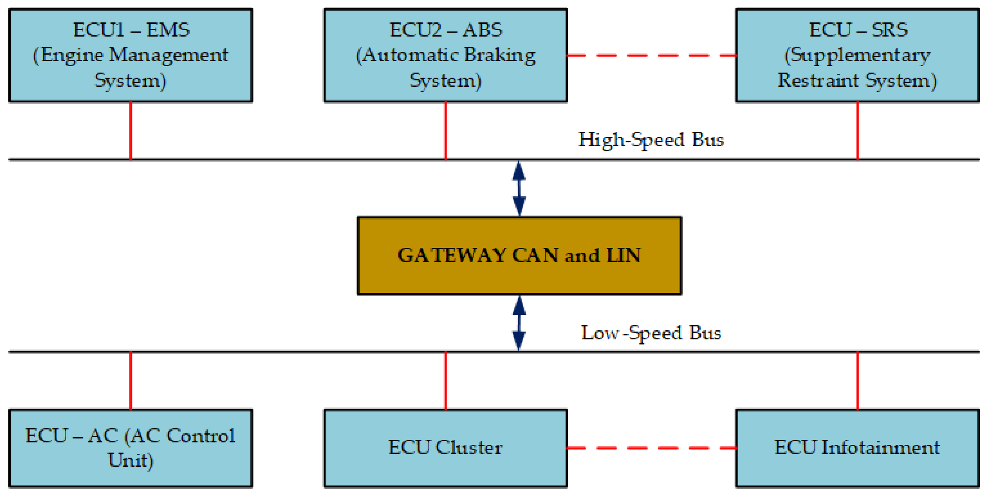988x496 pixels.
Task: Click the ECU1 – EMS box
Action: tap(130, 55)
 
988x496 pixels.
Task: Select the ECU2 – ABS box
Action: tap(445, 55)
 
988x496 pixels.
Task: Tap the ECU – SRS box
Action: tap(857, 55)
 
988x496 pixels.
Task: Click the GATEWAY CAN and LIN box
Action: tap(519, 255)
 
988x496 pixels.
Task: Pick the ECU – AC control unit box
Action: tap(130, 448)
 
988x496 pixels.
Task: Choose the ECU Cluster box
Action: tap(445, 448)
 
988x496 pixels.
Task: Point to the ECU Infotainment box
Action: tap(857, 448)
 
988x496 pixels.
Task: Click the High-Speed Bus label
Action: tap(651, 140)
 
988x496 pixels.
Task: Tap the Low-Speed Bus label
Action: tap(651, 333)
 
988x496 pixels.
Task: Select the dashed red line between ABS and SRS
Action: tap(651, 56)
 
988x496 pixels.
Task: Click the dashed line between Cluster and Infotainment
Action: tap(651, 448)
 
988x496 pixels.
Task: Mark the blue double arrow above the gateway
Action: tap(519, 188)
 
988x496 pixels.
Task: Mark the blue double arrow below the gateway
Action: tap(519, 323)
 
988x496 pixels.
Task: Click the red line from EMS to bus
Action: tap(131, 130)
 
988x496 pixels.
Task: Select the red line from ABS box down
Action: tap(446, 130)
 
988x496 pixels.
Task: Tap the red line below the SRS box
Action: tap(858, 130)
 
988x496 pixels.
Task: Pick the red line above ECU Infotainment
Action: tap(858, 381)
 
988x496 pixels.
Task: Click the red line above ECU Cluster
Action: tap(446, 381)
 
